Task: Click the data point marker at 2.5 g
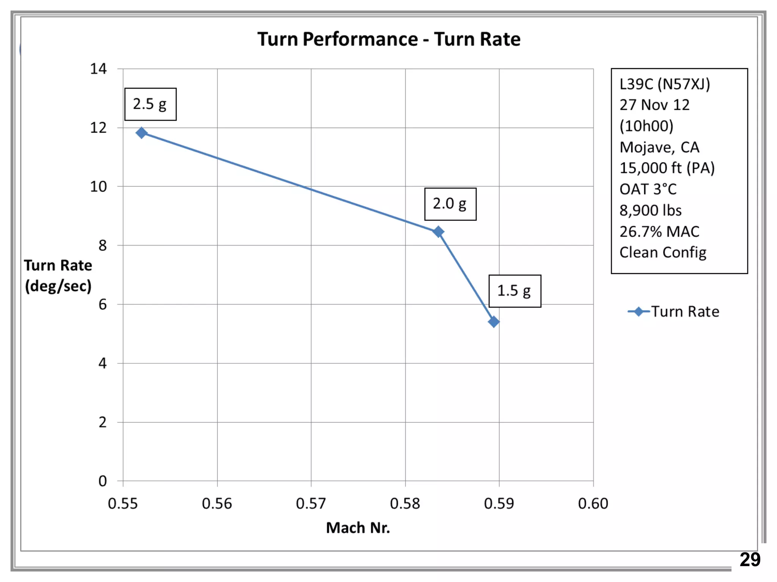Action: click(142, 133)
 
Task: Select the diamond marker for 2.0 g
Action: click(438, 232)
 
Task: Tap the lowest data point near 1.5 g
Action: click(494, 322)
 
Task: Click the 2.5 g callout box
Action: click(150, 104)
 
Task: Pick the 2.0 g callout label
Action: click(450, 204)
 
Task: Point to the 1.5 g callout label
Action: click(514, 291)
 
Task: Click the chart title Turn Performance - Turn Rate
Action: click(389, 39)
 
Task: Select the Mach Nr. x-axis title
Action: click(358, 527)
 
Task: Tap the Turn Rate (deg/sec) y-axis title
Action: click(58, 275)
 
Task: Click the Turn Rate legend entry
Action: click(674, 311)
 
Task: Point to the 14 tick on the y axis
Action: click(98, 69)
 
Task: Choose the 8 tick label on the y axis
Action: click(102, 246)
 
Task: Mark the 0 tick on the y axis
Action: click(102, 481)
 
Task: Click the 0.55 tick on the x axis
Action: click(123, 504)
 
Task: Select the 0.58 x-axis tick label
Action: click(405, 504)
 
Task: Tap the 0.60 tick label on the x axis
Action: click(593, 504)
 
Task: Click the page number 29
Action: click(750, 559)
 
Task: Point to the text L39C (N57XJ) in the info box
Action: click(665, 84)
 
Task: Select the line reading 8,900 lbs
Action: click(650, 210)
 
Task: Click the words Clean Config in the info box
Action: click(663, 252)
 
